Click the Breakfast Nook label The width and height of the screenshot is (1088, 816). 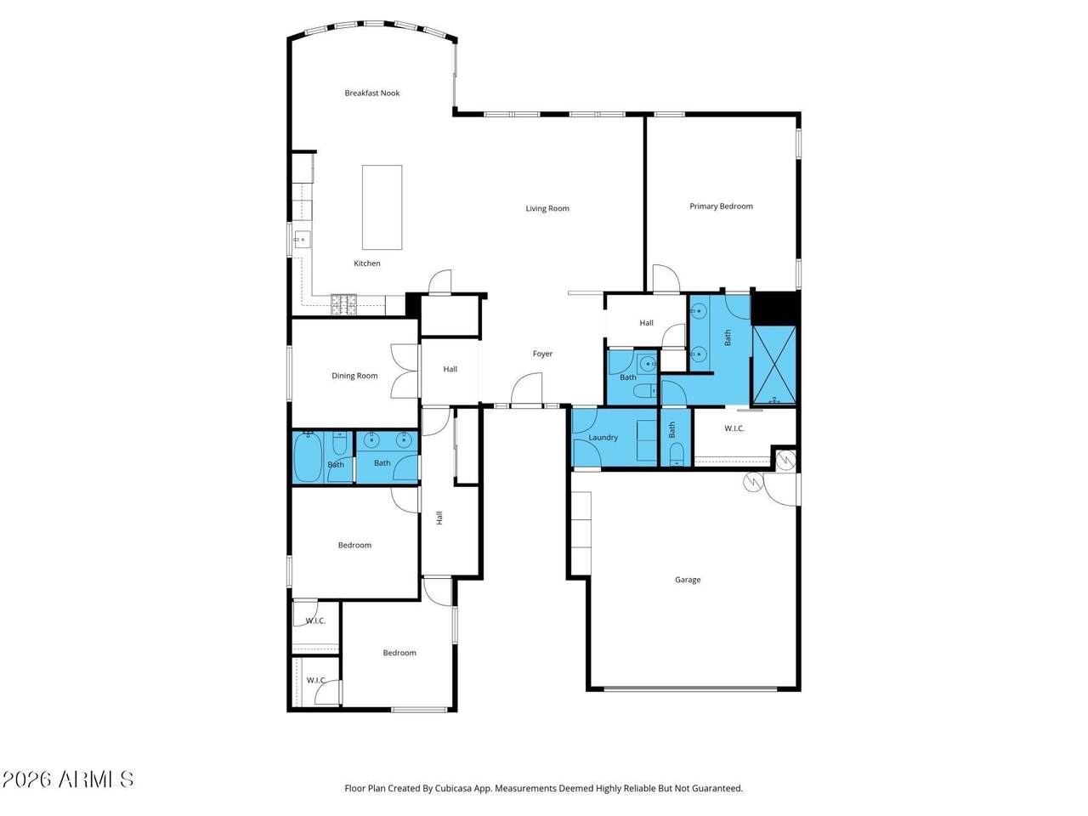(371, 93)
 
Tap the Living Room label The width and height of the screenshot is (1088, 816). (547, 208)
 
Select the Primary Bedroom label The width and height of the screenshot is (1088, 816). (721, 206)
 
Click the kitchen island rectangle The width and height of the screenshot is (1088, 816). (382, 207)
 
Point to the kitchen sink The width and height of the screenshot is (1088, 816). (302, 240)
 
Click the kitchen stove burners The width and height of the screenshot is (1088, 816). (343, 304)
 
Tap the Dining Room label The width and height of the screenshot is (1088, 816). (354, 376)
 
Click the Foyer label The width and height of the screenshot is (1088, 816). (542, 354)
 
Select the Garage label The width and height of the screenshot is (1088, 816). (688, 579)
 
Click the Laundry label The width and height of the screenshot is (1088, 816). (603, 438)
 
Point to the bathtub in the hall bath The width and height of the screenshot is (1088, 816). (308, 457)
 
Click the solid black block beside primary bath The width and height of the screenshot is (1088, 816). (774, 309)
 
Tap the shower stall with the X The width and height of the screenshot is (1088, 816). (774, 365)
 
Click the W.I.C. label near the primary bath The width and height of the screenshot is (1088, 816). (734, 428)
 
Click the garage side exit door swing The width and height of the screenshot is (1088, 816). (781, 490)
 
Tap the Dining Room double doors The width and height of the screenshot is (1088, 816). (405, 371)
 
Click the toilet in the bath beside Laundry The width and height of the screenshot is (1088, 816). (677, 454)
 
